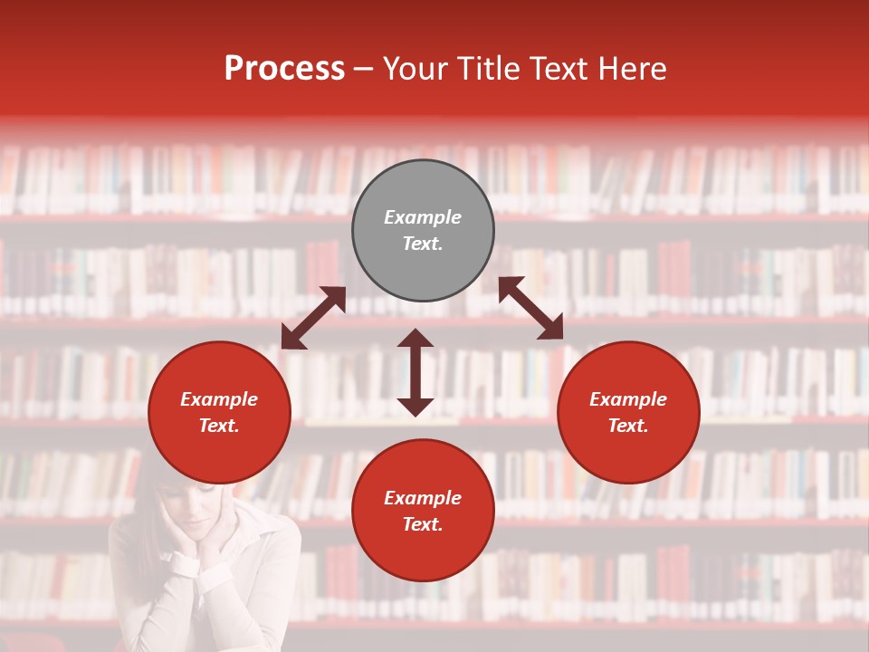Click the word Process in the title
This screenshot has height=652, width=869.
[x=284, y=69]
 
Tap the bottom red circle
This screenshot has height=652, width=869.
[x=423, y=552]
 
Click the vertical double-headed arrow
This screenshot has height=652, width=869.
[x=415, y=372]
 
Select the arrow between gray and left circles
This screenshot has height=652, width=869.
[x=313, y=318]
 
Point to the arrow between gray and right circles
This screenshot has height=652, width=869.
[x=530, y=308]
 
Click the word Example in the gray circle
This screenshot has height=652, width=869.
[x=423, y=217]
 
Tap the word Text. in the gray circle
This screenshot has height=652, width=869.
[x=423, y=244]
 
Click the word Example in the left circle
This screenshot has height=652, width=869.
[x=219, y=399]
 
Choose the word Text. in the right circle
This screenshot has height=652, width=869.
[x=628, y=426]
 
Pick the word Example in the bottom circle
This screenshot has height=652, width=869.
[x=423, y=498]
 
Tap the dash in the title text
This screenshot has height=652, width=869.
[x=363, y=69]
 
